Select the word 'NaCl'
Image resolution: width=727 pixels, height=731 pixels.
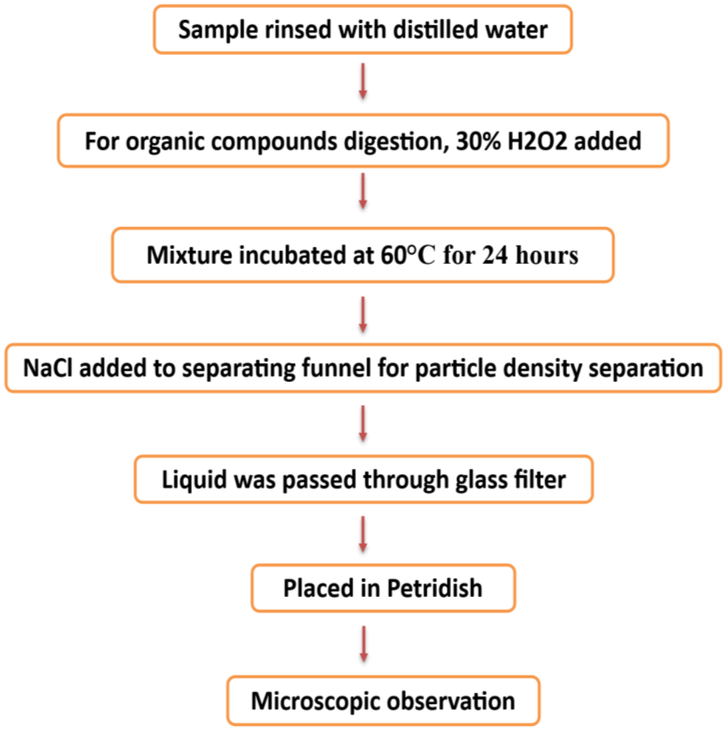[47, 368]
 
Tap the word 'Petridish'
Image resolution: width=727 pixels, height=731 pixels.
[434, 588]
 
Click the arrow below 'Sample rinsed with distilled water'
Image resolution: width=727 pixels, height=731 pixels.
[363, 81]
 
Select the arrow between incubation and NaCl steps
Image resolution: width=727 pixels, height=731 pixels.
[363, 314]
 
